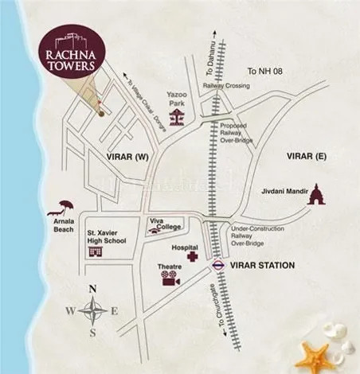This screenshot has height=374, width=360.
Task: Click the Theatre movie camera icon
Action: coord(168,279)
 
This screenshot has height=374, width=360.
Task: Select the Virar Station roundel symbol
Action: coord(218,265)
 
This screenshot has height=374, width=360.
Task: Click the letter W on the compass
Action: coord(71,311)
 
